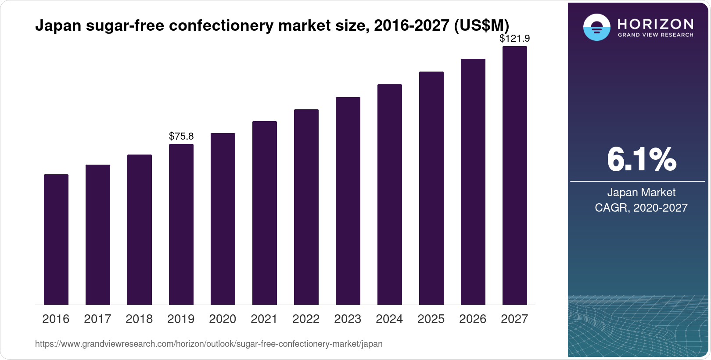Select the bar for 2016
pos(56,239)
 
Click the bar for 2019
pos(181,224)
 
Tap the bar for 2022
pos(306,207)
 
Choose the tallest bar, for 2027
pos(515,175)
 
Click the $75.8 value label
pos(181,136)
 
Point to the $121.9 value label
pos(515,39)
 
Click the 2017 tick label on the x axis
pos(97,319)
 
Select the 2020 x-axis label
pos(223,319)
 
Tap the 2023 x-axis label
pos(348,319)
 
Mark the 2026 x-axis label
pos(473,319)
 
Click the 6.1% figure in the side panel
pos(641,160)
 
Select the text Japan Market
pos(641,192)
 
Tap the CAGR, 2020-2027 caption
pos(641,208)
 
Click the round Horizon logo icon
pos(596,27)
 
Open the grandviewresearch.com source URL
pos(208,344)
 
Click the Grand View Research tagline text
pos(655,35)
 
